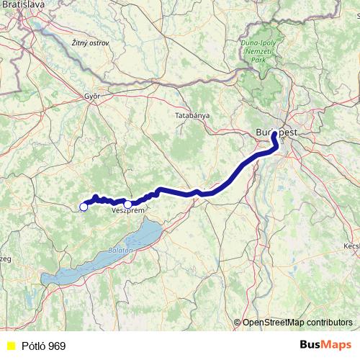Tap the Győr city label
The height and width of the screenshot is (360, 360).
tap(91, 96)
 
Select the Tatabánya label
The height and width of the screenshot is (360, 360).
tap(192, 115)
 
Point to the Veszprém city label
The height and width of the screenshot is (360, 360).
tap(128, 211)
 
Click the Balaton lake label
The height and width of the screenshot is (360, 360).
tap(121, 249)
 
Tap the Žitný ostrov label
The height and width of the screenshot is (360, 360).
tap(91, 44)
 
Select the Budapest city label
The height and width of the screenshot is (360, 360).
tap(276, 132)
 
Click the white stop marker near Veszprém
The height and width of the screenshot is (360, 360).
tap(127, 204)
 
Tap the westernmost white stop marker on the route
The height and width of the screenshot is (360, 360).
tap(84, 207)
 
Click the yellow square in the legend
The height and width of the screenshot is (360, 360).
tap(9, 346)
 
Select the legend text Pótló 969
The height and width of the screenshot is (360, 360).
tap(43, 346)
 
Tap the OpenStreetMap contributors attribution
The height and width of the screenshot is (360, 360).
tap(297, 323)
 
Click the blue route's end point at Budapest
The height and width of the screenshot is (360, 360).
tap(274, 134)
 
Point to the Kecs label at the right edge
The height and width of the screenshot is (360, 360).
tap(352, 246)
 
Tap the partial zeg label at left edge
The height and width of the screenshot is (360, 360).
tap(6, 258)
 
